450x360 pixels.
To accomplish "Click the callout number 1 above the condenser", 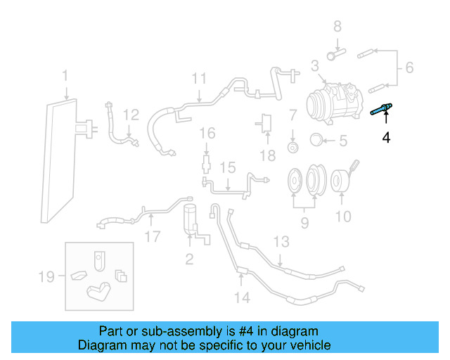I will click(x=65, y=75).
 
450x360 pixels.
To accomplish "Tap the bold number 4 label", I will click(x=385, y=137).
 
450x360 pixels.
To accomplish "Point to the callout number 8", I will click(x=337, y=27).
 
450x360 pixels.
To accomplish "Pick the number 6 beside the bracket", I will click(x=409, y=68).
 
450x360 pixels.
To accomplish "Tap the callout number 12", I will click(x=131, y=115).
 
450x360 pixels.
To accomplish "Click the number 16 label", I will click(x=206, y=133).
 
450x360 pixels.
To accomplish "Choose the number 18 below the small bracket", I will click(x=266, y=155).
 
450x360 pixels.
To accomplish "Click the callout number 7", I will click(x=292, y=114).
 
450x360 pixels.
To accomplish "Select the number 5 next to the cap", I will click(x=342, y=141).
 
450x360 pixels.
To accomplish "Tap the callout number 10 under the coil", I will click(x=342, y=216).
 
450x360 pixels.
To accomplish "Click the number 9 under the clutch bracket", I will click(x=304, y=224).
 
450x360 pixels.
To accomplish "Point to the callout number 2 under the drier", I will click(x=189, y=259).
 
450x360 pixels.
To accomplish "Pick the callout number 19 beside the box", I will click(x=46, y=277).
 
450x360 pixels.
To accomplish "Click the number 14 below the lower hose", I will click(x=241, y=297).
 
